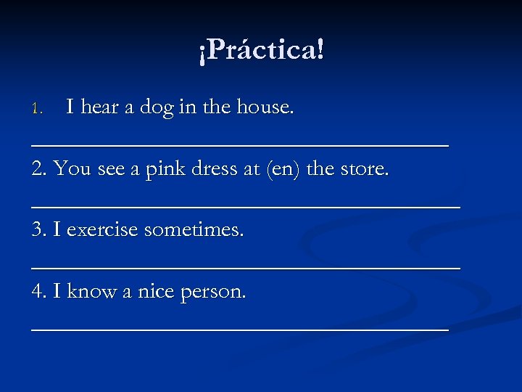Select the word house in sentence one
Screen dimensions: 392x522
pos(265,107)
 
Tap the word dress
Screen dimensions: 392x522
pos(217,169)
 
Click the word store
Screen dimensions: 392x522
pos(362,169)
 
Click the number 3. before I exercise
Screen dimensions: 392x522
pos(40,230)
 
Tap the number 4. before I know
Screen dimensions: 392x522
pos(40,291)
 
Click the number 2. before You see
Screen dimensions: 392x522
pos(40,169)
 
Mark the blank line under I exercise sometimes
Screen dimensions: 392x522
pos(246,266)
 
